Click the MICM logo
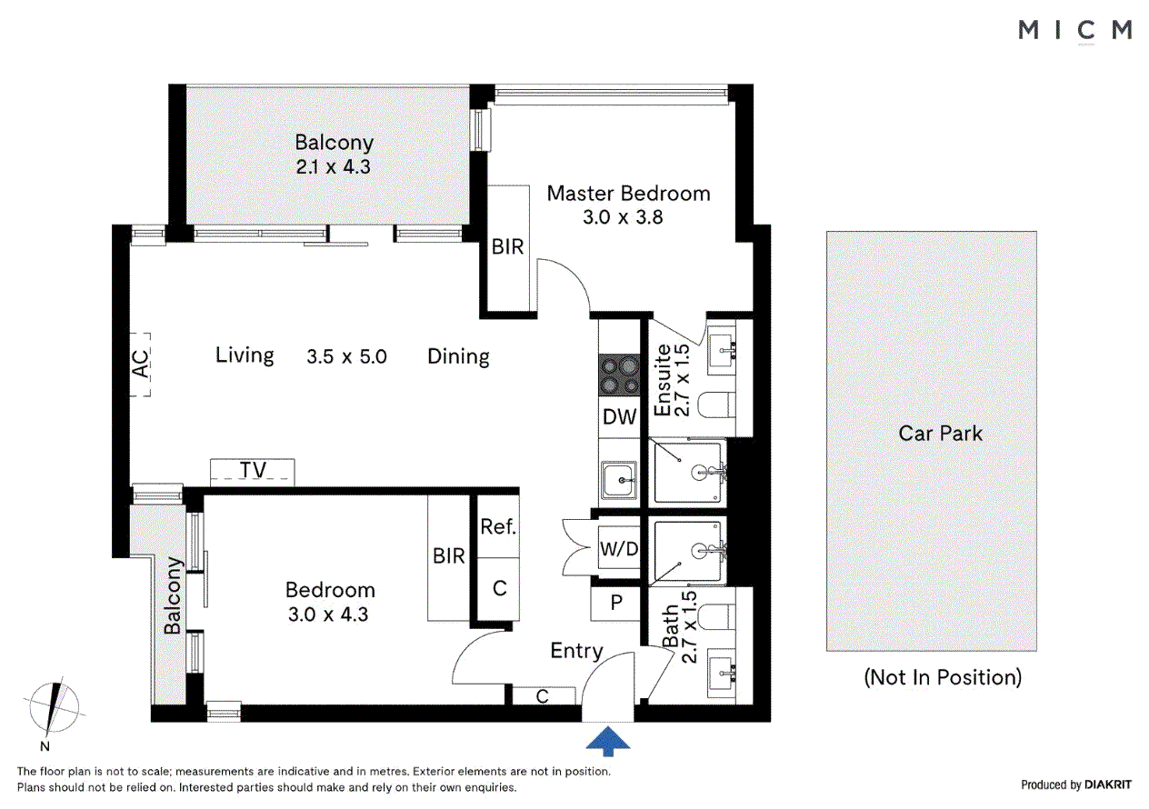point(1074,30)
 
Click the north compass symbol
point(56,709)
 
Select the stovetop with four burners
point(620,375)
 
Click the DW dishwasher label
point(620,417)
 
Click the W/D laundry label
point(618,549)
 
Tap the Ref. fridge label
point(498,526)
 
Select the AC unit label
point(140,364)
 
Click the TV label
point(253,470)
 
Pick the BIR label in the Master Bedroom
point(507,246)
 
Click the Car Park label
point(940,434)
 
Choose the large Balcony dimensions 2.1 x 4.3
point(334,166)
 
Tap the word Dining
point(458,356)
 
